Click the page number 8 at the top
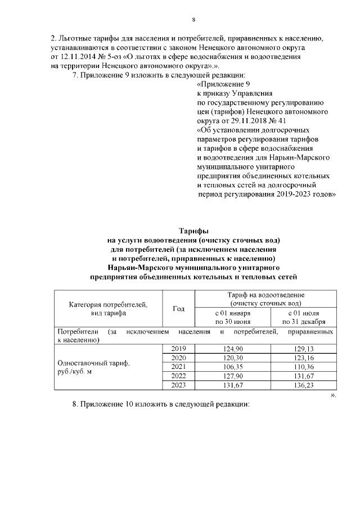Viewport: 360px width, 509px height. click(x=193, y=20)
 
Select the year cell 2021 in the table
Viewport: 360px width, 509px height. click(x=178, y=367)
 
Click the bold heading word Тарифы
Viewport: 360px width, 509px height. click(x=193, y=231)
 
